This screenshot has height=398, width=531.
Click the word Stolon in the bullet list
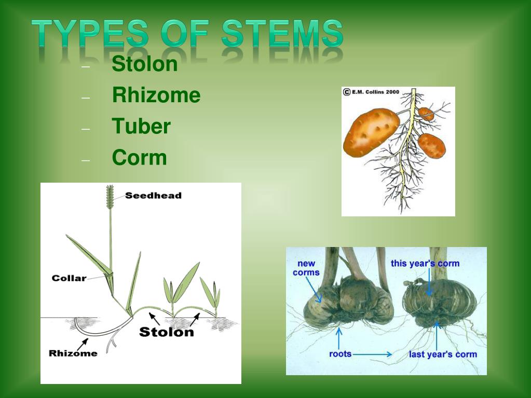[x=145, y=64]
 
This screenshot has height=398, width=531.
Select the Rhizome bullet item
[x=156, y=95]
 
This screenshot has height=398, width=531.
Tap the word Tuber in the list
[x=141, y=127]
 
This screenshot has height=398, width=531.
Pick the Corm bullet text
[x=139, y=158]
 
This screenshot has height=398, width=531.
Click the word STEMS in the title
[x=282, y=35]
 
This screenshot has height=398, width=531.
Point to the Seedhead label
[x=153, y=196]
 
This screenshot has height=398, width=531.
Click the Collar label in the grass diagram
[x=69, y=278]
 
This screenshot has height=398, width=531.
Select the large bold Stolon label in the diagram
[x=166, y=332]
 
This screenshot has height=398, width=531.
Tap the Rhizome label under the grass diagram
[x=73, y=353]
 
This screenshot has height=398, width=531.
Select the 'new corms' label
[x=306, y=268]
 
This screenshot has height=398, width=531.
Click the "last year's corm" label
[x=443, y=354]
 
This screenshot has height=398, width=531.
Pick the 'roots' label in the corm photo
[x=340, y=354]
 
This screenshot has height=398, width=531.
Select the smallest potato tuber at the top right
[x=426, y=114]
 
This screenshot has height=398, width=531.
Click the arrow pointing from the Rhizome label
[x=81, y=342]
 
